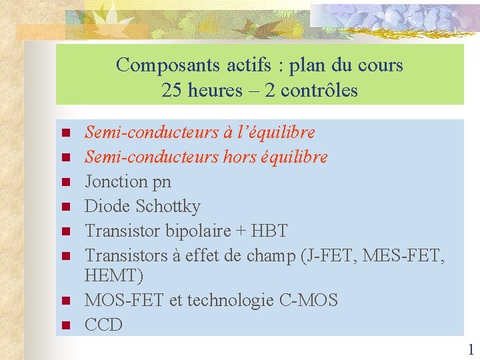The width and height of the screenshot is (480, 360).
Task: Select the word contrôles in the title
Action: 320,91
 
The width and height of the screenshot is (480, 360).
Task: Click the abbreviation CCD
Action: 103,325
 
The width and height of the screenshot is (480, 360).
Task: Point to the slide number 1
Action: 471,349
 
